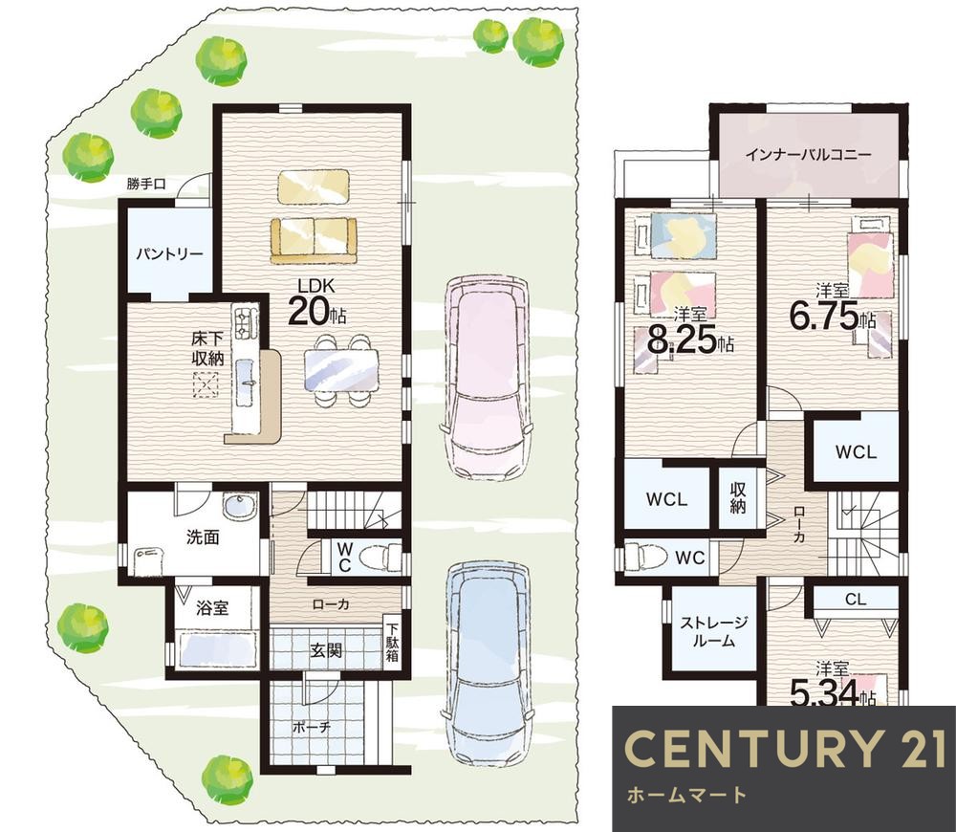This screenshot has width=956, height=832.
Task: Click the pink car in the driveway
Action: pyautogui.click(x=486, y=378)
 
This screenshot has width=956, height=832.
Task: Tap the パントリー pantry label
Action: pyautogui.click(x=169, y=253)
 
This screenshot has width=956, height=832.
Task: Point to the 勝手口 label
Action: pyautogui.click(x=146, y=184)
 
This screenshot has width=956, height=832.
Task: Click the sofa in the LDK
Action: pyautogui.click(x=314, y=241)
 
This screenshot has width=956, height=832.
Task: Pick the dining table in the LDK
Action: pyautogui.click(x=341, y=370)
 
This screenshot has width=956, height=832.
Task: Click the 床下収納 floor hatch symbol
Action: pyautogui.click(x=206, y=384)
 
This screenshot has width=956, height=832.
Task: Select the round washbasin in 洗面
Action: pyautogui.click(x=240, y=506)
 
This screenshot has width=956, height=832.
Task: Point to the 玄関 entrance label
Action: pyautogui.click(x=326, y=651)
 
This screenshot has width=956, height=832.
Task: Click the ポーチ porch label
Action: pyautogui.click(x=312, y=727)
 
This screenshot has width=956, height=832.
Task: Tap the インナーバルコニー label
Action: pyautogui.click(x=808, y=154)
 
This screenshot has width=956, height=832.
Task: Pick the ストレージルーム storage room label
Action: pyautogui.click(x=714, y=632)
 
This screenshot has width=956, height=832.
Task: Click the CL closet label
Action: pyautogui.click(x=856, y=600)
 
